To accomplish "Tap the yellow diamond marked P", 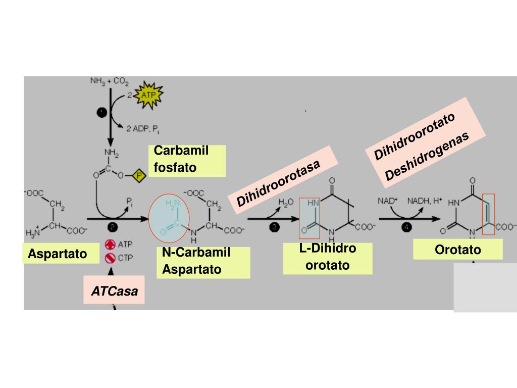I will click(140, 176).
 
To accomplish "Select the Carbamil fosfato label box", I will click(187, 160).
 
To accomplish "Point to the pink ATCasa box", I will click(114, 290).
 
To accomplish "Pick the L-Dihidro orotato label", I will click(327, 257).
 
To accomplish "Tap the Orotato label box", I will click(458, 250).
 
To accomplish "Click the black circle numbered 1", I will click(101, 113).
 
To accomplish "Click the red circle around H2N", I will click(169, 217).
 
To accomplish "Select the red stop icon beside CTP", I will click(111, 258).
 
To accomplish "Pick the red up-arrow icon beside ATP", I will click(111, 245).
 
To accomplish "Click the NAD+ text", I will click(388, 201).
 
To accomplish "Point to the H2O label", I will click(286, 203).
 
